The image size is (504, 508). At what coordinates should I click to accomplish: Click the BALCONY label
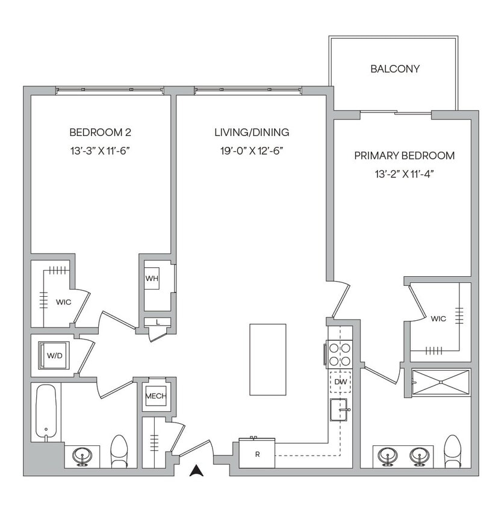click(x=394, y=69)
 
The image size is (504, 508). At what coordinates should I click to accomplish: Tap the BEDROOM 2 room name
click(x=100, y=132)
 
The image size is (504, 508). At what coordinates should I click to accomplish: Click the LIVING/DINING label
click(x=252, y=132)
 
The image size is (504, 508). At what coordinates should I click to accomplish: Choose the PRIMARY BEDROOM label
click(x=404, y=156)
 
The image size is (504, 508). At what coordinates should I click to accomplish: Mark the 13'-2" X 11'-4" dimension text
click(x=404, y=175)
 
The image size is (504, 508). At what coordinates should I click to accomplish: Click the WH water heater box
click(x=151, y=279)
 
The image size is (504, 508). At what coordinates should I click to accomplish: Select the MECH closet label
click(x=155, y=397)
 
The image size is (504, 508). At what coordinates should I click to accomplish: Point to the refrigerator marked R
click(x=257, y=453)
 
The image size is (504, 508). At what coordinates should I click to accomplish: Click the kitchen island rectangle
click(x=268, y=359)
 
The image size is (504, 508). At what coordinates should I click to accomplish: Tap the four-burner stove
click(x=339, y=354)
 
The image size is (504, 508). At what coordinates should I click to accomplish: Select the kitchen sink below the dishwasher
click(x=339, y=410)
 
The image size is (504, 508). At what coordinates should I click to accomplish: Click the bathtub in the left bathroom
click(x=46, y=412)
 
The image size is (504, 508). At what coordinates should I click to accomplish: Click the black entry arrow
click(x=196, y=471)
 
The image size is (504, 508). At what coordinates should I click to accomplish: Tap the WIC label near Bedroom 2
click(x=64, y=302)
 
